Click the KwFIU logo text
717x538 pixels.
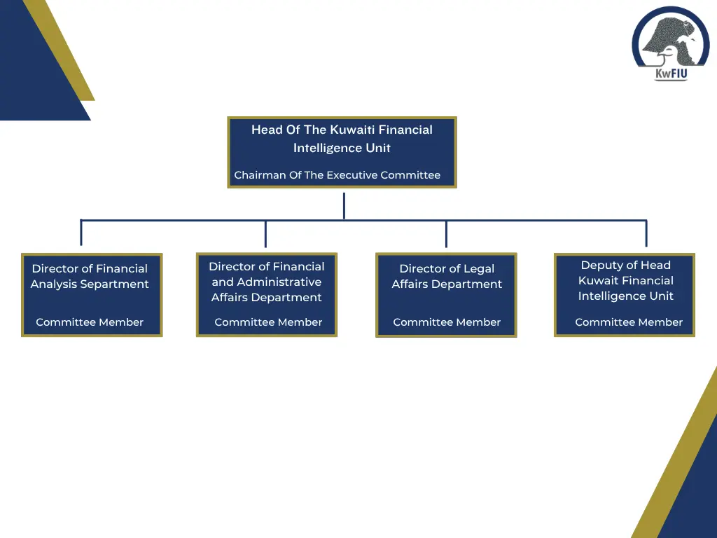[x=671, y=73]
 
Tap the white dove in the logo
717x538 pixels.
[x=673, y=51]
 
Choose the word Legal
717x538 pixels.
[x=478, y=269]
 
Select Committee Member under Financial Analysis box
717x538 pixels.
[x=90, y=322]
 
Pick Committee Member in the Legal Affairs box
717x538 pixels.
[x=447, y=322]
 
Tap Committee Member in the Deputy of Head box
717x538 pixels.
[x=629, y=322]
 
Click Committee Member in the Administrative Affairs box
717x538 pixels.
[x=268, y=322]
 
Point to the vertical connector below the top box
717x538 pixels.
[x=344, y=207]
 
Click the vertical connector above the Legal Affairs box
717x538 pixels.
[x=446, y=234]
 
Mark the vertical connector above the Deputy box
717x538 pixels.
[x=646, y=233]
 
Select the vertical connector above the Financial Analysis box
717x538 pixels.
[x=81, y=233]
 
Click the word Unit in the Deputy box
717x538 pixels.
[x=661, y=296]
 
